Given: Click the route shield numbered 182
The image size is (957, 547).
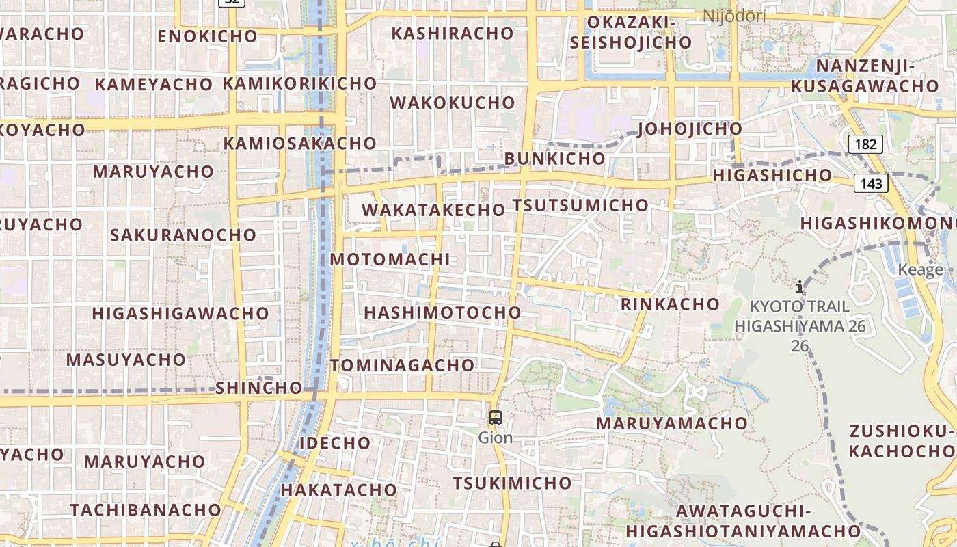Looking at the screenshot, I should point(865,144).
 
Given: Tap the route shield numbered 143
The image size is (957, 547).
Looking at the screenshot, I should point(871,183).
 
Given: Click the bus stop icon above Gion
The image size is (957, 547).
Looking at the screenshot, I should point(496,417).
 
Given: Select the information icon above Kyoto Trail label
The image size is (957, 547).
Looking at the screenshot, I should point(799,286).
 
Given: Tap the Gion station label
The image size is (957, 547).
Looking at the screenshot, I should point(496,438).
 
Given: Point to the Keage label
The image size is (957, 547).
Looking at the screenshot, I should point(921,269).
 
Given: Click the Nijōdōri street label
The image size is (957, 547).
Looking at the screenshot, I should point(735,15).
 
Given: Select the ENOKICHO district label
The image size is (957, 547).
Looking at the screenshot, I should point(207,36).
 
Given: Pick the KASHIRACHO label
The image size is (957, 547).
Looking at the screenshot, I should point(453,33).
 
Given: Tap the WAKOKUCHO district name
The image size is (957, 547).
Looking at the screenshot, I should point(453,103).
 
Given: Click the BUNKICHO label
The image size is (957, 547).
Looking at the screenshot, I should point(555,159).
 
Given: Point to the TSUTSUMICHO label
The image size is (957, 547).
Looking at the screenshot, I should point(580,205).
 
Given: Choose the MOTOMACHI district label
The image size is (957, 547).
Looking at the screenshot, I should point(390,260).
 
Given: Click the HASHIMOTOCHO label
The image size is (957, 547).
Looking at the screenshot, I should point(442,312).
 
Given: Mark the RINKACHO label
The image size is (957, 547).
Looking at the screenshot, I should point(670,304).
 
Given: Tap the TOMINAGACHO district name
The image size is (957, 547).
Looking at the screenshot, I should point(403,365).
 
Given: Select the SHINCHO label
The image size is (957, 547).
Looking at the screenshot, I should point(259,388).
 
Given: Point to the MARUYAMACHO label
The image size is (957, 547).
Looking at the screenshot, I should point(672,423).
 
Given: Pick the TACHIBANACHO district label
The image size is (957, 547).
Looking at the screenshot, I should point(146,510).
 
